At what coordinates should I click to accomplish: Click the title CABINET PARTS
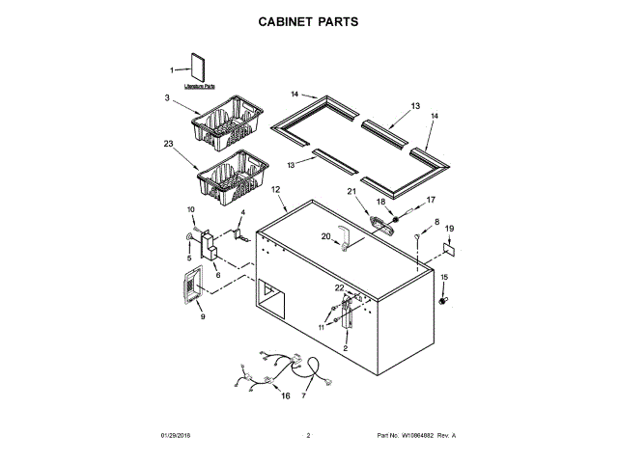308,19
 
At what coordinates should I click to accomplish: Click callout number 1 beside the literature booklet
173,69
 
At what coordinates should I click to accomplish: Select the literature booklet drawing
200,68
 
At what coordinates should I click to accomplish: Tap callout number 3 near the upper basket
167,97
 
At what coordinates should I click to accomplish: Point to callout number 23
168,144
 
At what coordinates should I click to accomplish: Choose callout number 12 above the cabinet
275,190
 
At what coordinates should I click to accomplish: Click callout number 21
351,192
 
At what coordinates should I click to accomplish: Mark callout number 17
432,200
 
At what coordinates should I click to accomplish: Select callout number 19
449,229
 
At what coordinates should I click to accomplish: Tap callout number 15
445,278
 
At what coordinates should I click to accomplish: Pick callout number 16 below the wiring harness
285,395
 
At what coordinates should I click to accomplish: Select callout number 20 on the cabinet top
325,236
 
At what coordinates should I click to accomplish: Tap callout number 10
190,209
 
